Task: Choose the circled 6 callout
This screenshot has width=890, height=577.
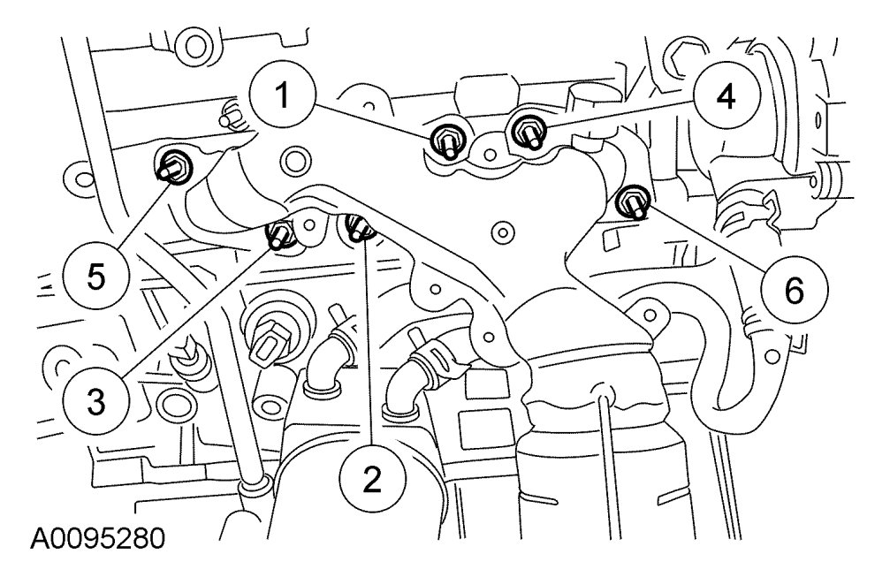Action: (792, 289)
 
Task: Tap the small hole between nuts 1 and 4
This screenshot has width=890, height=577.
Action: (487, 154)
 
